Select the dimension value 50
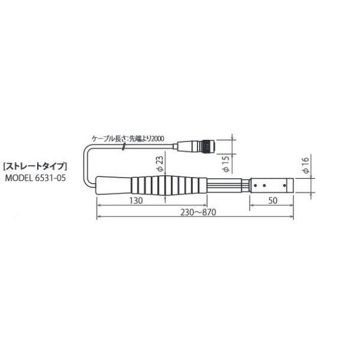click(x=273, y=201)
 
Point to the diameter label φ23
click(x=158, y=163)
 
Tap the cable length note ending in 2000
click(x=128, y=138)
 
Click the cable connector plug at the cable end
click(x=194, y=145)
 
